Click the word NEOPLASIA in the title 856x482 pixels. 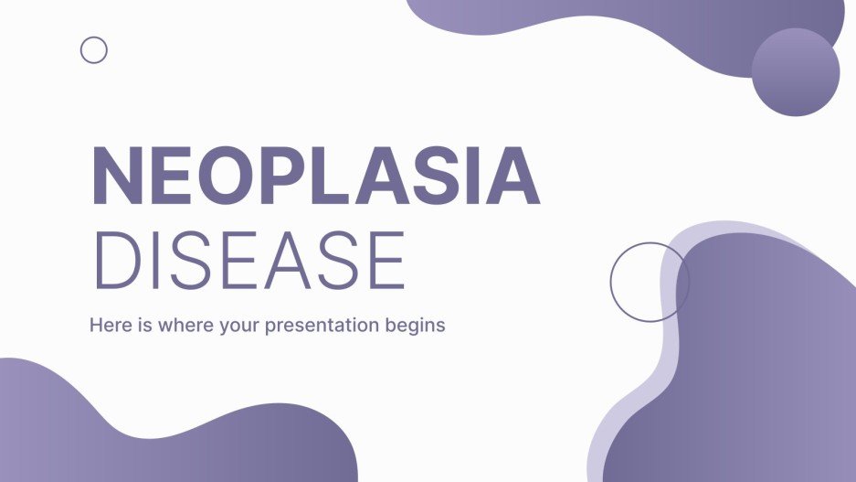tap(315, 176)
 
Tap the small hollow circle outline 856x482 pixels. tap(94, 50)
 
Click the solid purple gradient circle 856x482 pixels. tap(795, 72)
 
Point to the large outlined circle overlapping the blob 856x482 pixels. tap(650, 282)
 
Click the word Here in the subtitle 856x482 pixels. tap(108, 325)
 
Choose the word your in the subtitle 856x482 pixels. tap(239, 326)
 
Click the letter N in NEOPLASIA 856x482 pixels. tap(115, 176)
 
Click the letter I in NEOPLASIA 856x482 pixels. tap(473, 176)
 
